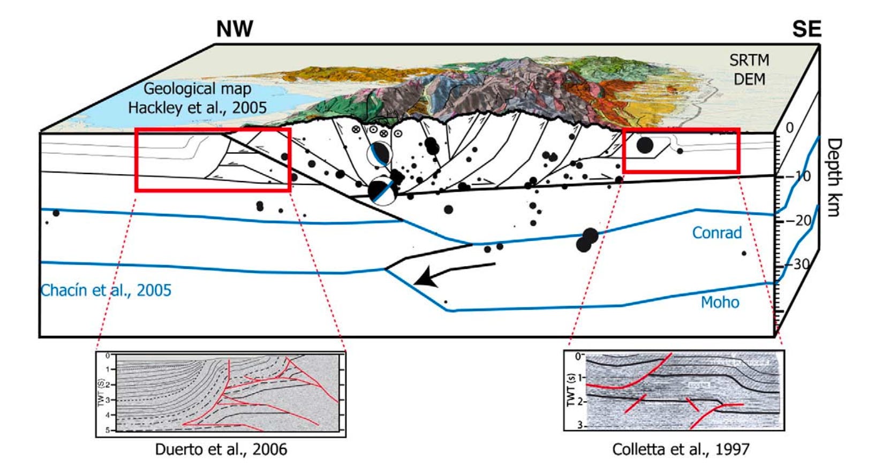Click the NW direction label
click(235, 29)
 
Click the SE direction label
click(806, 29)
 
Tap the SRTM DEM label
click(749, 70)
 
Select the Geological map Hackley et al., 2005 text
click(197, 98)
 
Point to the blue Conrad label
click(716, 233)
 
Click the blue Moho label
click(720, 303)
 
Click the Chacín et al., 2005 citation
click(106, 290)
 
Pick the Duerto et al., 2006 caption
click(221, 449)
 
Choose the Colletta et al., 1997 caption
click(681, 449)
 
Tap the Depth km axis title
click(833, 177)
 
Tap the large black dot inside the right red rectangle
click(645, 145)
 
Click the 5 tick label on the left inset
click(107, 430)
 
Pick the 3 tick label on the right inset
click(578, 426)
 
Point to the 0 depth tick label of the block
click(789, 128)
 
